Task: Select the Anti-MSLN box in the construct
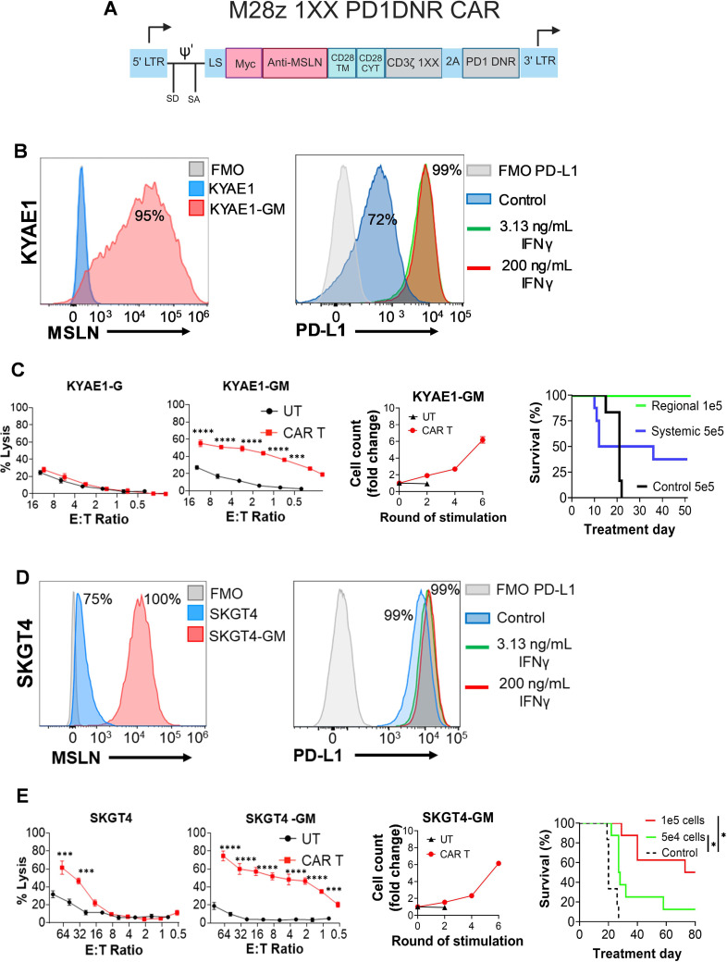click(293, 63)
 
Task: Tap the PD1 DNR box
click(491, 63)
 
